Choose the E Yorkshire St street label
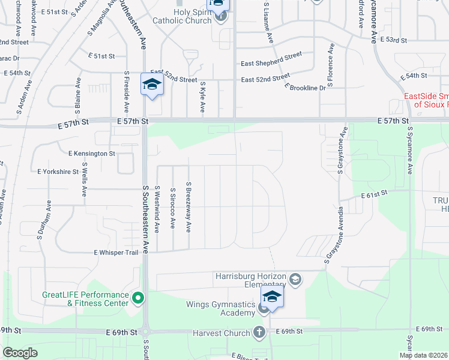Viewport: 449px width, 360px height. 58,172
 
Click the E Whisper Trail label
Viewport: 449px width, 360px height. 120,253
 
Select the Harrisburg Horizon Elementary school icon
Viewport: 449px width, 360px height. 295,279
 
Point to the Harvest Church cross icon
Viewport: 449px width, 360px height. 259,332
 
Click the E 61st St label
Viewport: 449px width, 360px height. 376,195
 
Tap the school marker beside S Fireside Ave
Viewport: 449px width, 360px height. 152,85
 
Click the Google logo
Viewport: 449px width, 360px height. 20,353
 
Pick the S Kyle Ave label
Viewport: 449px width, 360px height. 203,98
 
